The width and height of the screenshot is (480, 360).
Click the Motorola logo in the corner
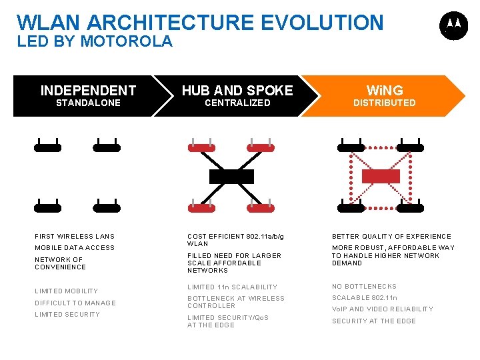pyautogui.click(x=453, y=25)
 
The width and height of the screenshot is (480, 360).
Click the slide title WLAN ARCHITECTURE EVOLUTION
pyautogui.click(x=200, y=22)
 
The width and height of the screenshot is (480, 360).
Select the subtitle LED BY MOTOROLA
pyautogui.click(x=95, y=41)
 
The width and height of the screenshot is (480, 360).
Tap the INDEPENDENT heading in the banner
pyautogui.click(x=88, y=91)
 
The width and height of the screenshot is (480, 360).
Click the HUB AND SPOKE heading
pyautogui.click(x=237, y=91)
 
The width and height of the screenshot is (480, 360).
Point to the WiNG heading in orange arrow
pyautogui.click(x=385, y=91)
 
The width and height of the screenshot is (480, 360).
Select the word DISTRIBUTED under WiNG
pyautogui.click(x=384, y=103)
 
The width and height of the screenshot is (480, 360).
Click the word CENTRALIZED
pyautogui.click(x=237, y=103)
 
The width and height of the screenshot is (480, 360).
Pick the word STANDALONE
pyautogui.click(x=88, y=103)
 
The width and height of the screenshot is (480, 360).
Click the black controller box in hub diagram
pyautogui.click(x=231, y=177)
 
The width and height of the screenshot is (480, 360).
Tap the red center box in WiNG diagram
pyautogui.click(x=380, y=176)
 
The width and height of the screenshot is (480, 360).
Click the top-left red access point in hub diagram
pyautogui.click(x=201, y=147)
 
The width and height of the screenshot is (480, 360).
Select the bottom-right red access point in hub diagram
pyautogui.click(x=261, y=207)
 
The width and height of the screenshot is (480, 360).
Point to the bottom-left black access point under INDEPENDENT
pyautogui.click(x=48, y=207)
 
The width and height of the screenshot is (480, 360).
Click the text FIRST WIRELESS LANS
pyautogui.click(x=75, y=237)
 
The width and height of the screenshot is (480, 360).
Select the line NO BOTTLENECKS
pyautogui.click(x=364, y=287)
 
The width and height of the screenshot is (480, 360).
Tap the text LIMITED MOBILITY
pyautogui.click(x=66, y=291)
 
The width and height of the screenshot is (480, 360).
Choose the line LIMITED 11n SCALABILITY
pyautogui.click(x=232, y=287)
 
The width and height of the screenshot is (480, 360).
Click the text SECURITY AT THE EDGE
pyautogui.click(x=373, y=321)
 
